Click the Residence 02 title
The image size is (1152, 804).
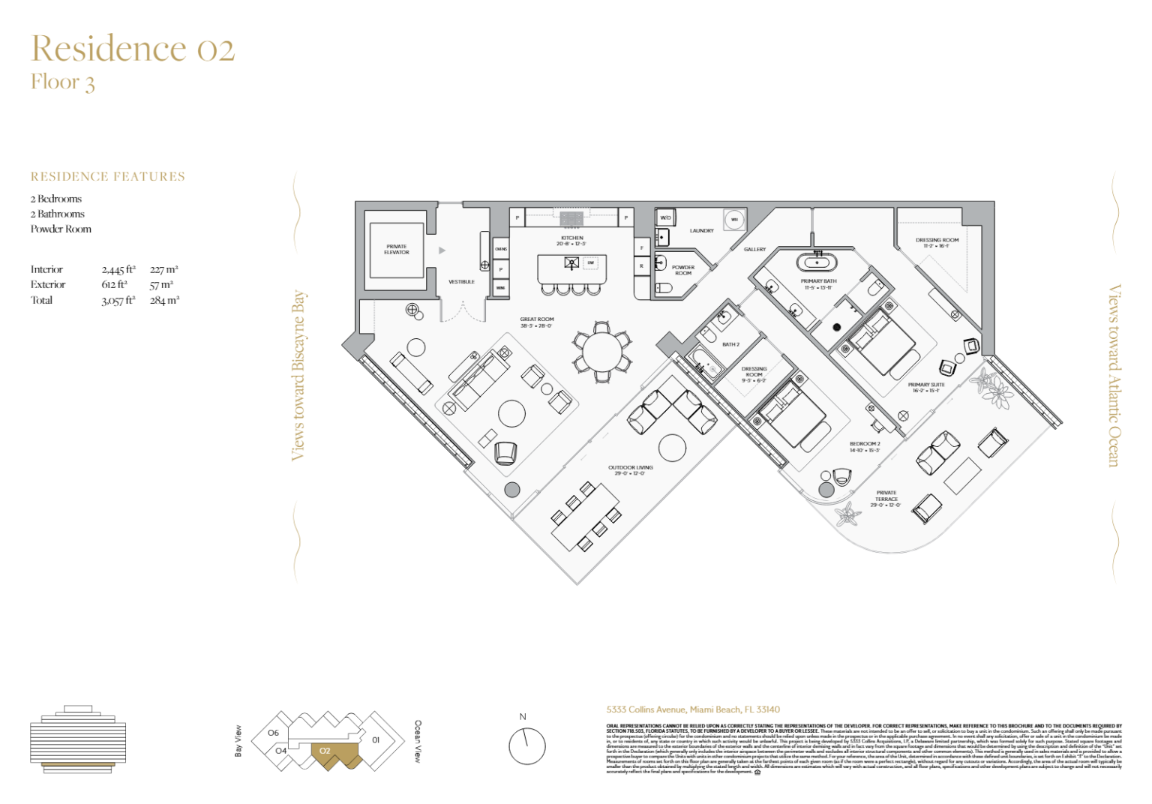(x=133, y=49)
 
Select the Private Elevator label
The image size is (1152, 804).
(x=397, y=250)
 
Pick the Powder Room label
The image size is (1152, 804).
(x=683, y=270)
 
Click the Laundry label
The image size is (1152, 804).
(x=701, y=231)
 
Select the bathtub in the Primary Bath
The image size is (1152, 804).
(x=817, y=262)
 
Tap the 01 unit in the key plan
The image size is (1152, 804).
(x=376, y=739)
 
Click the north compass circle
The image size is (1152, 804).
(x=526, y=746)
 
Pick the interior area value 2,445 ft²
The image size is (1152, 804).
(x=118, y=269)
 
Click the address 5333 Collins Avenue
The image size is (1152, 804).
(x=693, y=709)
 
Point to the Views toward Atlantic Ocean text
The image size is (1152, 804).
(x=1114, y=375)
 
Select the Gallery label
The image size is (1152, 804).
(x=754, y=250)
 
